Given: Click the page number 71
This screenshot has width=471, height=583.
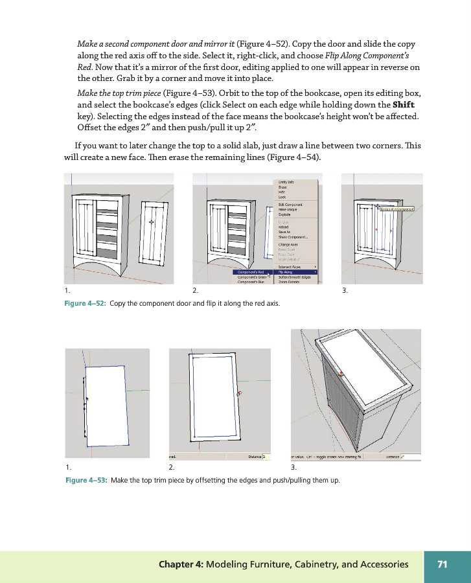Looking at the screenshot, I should [x=442, y=564].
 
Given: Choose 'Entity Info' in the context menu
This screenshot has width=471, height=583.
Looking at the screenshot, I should [x=287, y=183].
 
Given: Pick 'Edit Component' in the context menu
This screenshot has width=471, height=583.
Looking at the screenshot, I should [x=290, y=205].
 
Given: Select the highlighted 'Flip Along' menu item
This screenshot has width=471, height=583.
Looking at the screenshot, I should [x=287, y=272].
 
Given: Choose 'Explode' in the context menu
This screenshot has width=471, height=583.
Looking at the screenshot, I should [x=285, y=214].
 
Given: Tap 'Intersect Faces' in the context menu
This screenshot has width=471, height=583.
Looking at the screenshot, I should [x=290, y=266].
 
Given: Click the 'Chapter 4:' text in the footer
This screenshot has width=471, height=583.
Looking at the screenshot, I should [x=181, y=564].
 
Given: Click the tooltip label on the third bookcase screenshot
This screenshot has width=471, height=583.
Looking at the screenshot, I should [x=396, y=209].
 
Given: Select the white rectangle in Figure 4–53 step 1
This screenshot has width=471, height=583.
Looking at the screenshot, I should [x=107, y=406].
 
